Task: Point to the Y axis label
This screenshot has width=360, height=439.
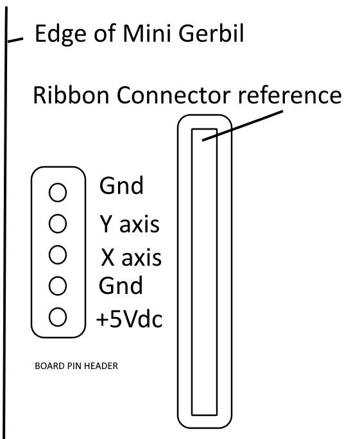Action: (130, 224)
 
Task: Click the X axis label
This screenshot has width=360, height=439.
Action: (131, 257)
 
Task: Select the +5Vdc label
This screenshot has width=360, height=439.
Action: (130, 318)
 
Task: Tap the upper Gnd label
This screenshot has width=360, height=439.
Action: (121, 185)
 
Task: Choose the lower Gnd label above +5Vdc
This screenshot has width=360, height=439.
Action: (121, 285)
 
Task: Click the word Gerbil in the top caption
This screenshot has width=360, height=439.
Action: (211, 33)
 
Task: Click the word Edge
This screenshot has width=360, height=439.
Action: (60, 35)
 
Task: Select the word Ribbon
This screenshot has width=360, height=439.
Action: (71, 95)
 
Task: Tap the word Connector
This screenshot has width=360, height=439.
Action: (173, 95)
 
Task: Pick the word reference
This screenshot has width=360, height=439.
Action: (290, 95)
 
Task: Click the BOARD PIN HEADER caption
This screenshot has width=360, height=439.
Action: (76, 366)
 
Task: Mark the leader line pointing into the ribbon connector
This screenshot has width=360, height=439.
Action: (243, 126)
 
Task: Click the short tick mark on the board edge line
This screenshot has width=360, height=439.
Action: (15, 40)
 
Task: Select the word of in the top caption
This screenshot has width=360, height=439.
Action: (105, 33)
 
